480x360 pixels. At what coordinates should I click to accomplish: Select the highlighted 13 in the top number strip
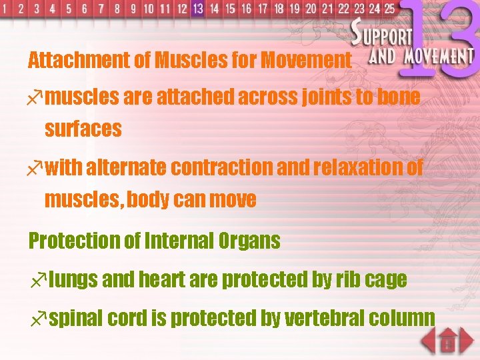197,9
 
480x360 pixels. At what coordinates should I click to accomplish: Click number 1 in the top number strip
5,9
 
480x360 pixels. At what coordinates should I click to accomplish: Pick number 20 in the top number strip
311,9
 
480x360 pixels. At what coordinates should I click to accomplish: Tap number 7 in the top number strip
101,9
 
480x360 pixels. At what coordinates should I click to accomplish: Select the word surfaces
83,128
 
